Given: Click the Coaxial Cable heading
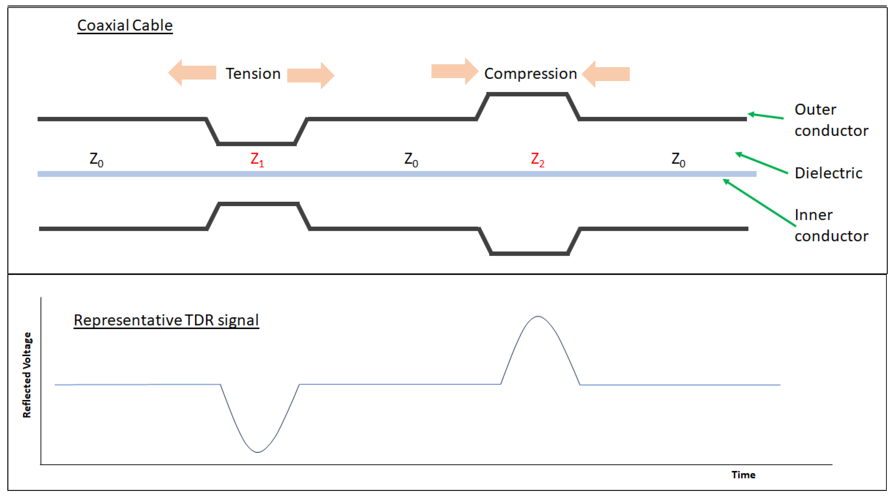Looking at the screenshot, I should (x=125, y=26).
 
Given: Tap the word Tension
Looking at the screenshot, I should (x=253, y=74).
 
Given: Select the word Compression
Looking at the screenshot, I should (x=530, y=74).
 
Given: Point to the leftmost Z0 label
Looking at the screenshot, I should (x=96, y=159).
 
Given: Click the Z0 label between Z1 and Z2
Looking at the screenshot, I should (x=411, y=159).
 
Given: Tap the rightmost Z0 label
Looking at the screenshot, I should (x=678, y=159).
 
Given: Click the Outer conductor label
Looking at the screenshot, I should (x=831, y=120).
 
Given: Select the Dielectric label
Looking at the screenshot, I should (x=828, y=173).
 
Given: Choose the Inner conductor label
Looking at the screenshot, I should (x=831, y=225).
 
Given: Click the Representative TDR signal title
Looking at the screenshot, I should (x=166, y=320).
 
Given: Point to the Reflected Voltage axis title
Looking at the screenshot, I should (x=27, y=375).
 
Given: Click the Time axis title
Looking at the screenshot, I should (x=743, y=475).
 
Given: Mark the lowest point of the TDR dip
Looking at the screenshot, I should (x=258, y=452).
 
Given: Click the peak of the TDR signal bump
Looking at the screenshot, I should (x=538, y=316).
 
